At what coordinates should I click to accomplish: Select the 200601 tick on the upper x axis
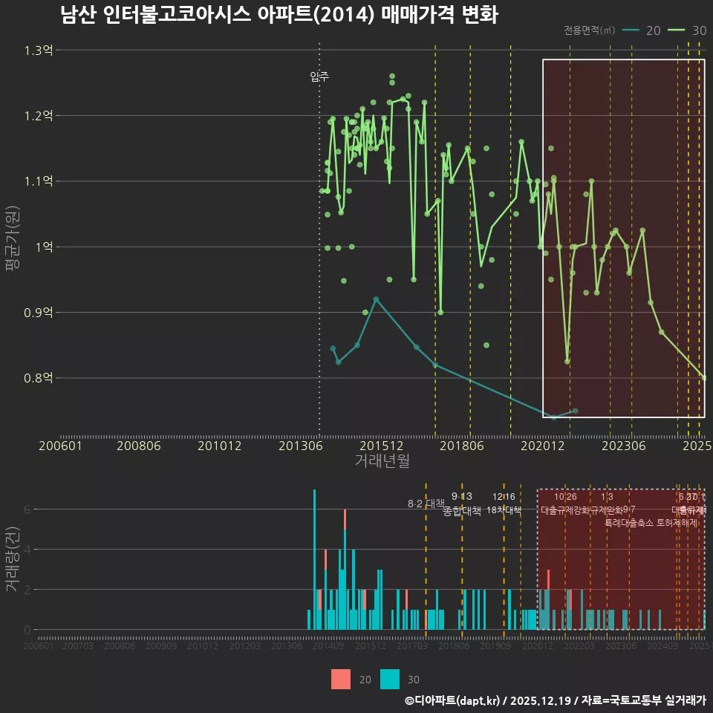click(60, 446)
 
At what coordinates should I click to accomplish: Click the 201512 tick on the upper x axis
click(381, 446)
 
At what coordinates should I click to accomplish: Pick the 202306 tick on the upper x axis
click(622, 446)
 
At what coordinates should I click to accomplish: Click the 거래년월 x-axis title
click(382, 460)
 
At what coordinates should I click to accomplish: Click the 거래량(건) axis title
click(12, 559)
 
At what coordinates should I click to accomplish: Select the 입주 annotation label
click(319, 76)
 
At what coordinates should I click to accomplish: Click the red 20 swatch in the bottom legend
click(341, 679)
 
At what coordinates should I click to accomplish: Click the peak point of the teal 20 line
click(376, 299)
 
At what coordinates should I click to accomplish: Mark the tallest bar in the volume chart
click(314, 559)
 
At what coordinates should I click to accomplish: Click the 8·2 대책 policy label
click(426, 504)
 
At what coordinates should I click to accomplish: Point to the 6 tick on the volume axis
click(27, 509)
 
